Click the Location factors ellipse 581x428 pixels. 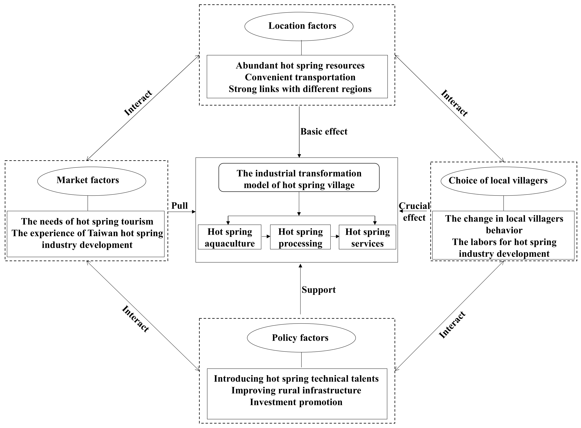[299, 26]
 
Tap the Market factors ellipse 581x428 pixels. [92, 181]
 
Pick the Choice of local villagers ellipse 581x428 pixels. [503, 181]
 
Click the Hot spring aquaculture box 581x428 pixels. [230, 237]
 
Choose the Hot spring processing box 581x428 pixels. [300, 237]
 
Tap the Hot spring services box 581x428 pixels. [367, 237]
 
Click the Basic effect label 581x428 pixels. [324, 132]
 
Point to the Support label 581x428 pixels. [319, 290]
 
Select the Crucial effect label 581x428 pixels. [414, 212]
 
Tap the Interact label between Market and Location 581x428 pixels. [138, 103]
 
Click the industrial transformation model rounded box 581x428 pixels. [299, 177]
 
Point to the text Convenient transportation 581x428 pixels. [300, 77]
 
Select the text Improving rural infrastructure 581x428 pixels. [296, 390]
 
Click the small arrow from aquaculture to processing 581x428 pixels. [266, 236]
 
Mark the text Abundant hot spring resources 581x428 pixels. [300, 66]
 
